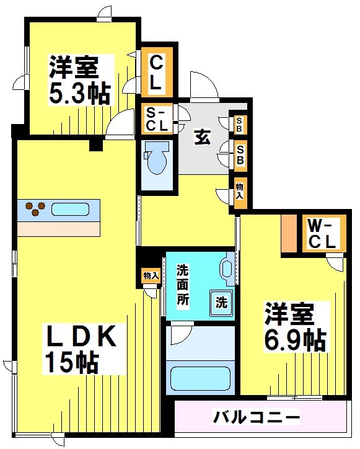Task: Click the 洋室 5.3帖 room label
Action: pyautogui.click(x=79, y=79)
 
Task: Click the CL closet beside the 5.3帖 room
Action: pyautogui.click(x=156, y=72)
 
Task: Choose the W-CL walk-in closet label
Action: pyautogui.click(x=322, y=234)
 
